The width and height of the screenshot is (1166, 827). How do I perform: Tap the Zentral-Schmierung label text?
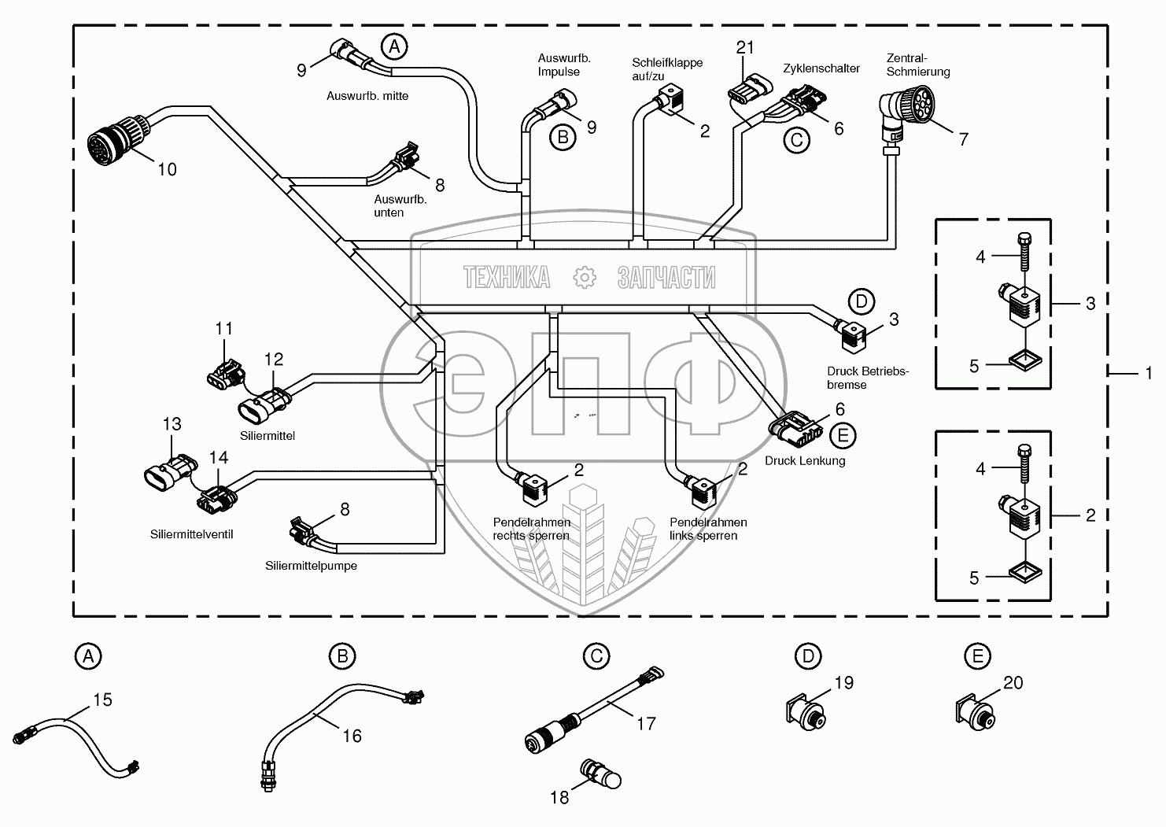918,65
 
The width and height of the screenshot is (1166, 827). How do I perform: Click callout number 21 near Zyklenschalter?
745,48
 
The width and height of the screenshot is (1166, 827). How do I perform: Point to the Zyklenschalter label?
821,68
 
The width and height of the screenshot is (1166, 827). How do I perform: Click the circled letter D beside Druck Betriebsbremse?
861,301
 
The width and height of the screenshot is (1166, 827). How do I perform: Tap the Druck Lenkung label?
805,460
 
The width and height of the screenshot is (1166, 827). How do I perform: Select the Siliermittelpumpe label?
312,565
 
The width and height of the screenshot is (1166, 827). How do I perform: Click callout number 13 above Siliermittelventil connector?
172,424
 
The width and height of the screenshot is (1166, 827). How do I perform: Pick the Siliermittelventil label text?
191,534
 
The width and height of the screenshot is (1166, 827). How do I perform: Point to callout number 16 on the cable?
352,735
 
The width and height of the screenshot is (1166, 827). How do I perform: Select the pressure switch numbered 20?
975,709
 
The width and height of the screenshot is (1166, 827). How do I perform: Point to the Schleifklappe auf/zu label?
668,69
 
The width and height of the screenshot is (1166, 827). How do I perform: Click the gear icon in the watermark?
584,277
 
